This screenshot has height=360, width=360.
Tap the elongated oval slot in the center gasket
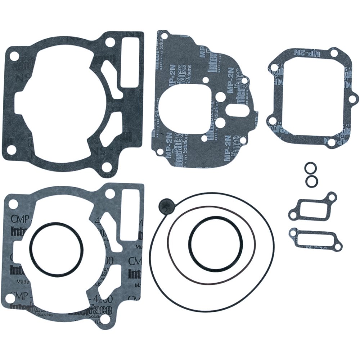(x=237, y=108)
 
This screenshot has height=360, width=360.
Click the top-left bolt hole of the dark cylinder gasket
(x=14, y=57)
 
